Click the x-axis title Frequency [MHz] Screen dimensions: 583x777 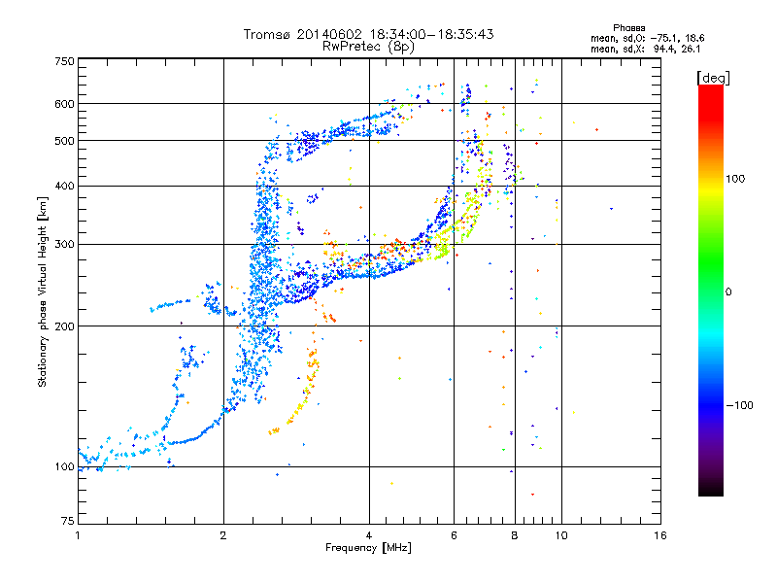pos(367,549)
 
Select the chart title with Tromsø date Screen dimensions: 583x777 pos(368,34)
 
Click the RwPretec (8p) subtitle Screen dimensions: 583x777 pos(368,46)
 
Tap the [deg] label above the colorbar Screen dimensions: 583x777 pos(714,77)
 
